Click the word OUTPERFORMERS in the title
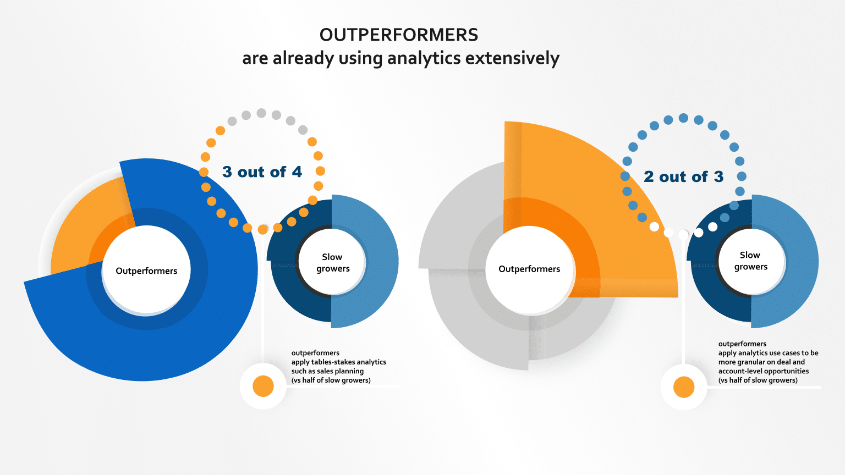click(x=399, y=35)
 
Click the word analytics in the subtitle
click(x=424, y=58)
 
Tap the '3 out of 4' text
click(x=262, y=172)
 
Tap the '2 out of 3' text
click(x=683, y=177)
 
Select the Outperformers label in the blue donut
click(x=146, y=271)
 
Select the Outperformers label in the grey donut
click(x=529, y=269)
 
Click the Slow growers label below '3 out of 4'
click(x=332, y=263)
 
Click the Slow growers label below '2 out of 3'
click(x=750, y=261)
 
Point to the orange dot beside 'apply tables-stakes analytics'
click(x=263, y=386)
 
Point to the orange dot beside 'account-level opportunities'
click(x=684, y=387)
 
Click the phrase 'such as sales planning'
click(x=327, y=371)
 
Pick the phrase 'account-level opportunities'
click(x=763, y=371)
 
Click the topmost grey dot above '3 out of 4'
click(x=261, y=113)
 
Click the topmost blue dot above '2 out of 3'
click(x=683, y=118)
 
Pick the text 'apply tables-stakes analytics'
click(x=338, y=362)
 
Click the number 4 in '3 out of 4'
click(x=297, y=172)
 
